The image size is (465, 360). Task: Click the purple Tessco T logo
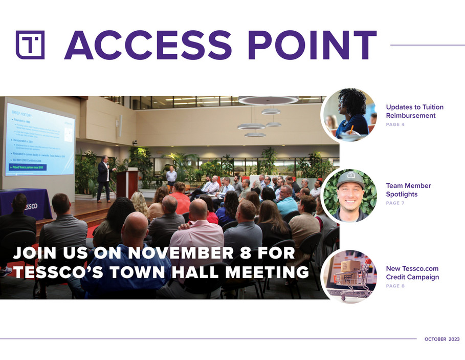[30, 44]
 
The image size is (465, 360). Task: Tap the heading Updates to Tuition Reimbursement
[414, 111]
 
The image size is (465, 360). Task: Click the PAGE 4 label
[395, 125]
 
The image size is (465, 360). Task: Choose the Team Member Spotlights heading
[408, 190]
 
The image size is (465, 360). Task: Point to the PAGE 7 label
[395, 203]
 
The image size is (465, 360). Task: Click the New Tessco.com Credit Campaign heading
[412, 272]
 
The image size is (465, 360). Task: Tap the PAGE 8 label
[395, 286]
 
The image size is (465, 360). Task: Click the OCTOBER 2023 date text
[442, 340]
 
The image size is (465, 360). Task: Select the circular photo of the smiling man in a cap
[350, 196]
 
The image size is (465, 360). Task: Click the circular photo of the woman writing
[350, 115]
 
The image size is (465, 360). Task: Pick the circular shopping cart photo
[350, 277]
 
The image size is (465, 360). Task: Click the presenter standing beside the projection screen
[104, 177]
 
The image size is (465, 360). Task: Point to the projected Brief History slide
[40, 139]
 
